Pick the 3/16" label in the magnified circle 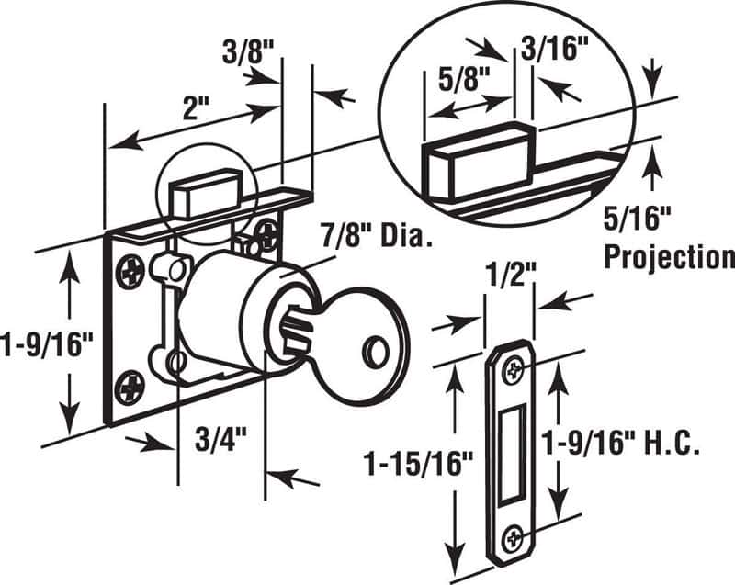pos(554,48)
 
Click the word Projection pos(668,256)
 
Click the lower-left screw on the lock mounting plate pos(129,389)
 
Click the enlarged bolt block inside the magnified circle pos(477,162)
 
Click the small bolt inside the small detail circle pos(201,194)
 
